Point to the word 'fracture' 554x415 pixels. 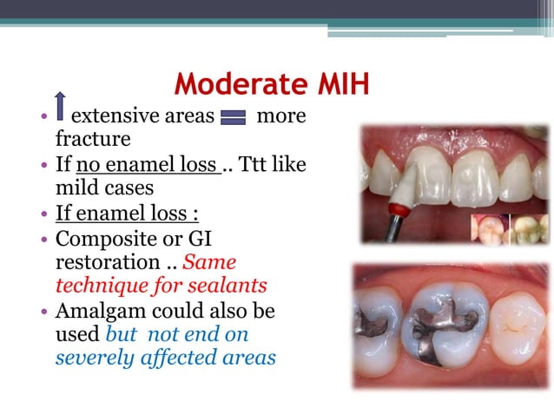pos(93,139)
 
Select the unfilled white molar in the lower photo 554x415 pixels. pos(518,326)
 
